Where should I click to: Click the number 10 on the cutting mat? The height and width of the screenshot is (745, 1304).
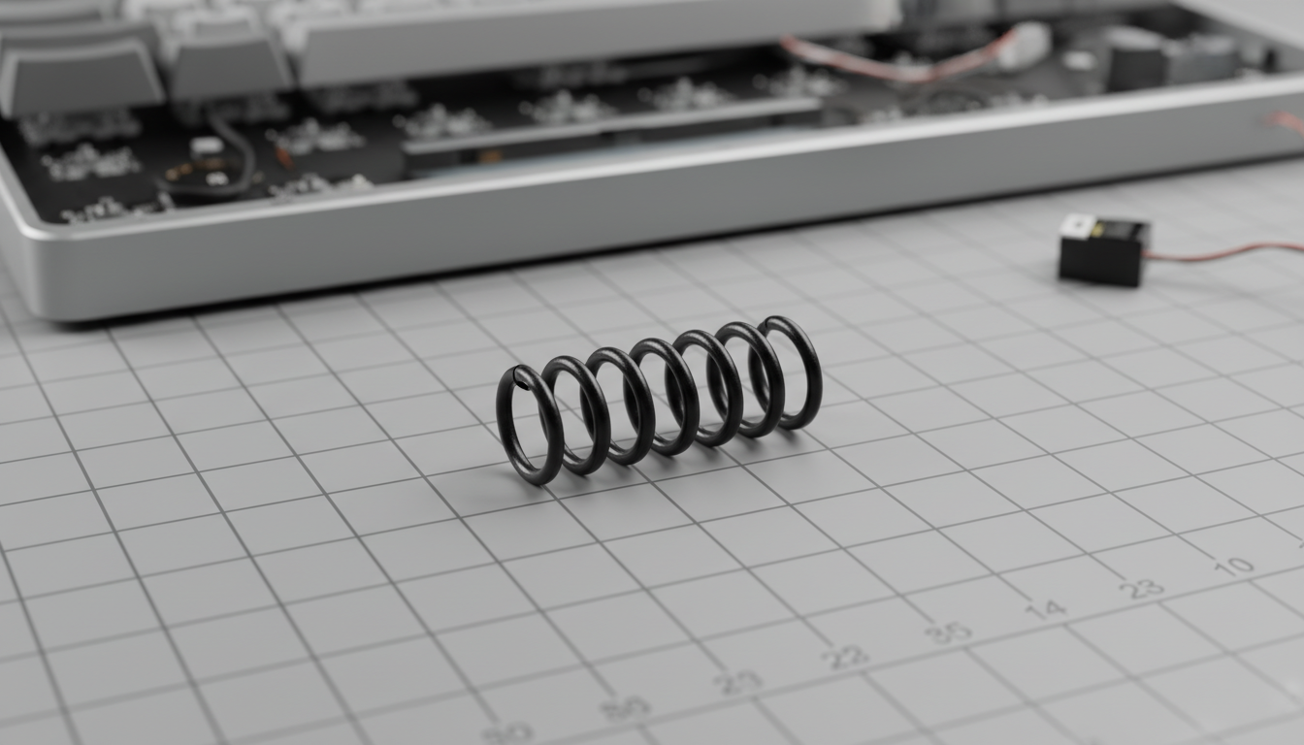(1234, 566)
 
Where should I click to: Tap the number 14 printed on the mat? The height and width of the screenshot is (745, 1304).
(1045, 609)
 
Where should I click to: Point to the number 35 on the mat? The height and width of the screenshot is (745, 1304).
(947, 632)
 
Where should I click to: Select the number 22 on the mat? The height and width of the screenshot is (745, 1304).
(845, 657)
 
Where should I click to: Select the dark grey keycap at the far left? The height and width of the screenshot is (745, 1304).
(78, 78)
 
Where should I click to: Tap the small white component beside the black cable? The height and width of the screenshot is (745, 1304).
(206, 146)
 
